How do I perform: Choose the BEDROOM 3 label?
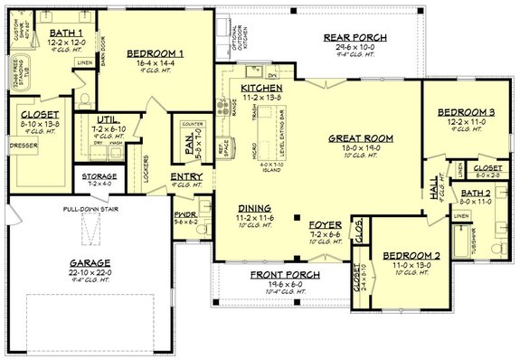click(x=464, y=112)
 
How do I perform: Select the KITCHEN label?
click(x=262, y=87)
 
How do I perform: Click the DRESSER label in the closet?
click(x=23, y=144)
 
